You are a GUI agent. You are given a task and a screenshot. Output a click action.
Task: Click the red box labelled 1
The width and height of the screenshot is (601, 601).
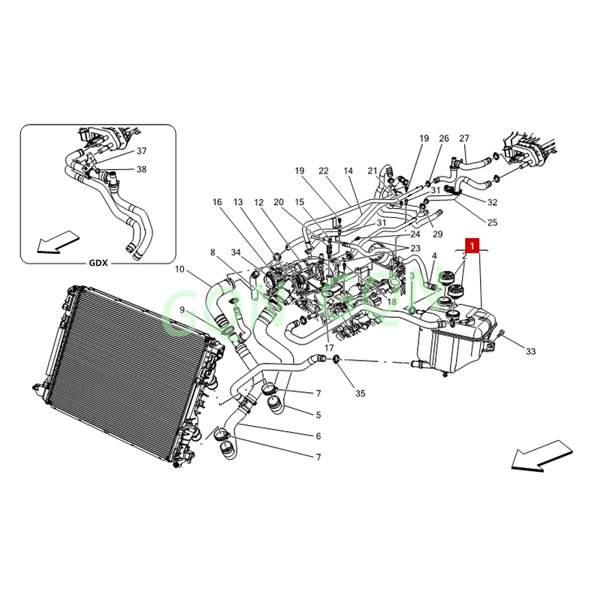pos(471,245)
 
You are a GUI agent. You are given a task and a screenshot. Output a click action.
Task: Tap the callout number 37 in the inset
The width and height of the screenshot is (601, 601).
pos(141,151)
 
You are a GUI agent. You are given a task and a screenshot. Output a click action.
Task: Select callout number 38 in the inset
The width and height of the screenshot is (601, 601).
pos(141,169)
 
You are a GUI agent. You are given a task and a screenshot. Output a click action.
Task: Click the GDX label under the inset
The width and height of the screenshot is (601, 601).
pos(99,263)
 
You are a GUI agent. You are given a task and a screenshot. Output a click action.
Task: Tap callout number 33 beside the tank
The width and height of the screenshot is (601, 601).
pos(530,352)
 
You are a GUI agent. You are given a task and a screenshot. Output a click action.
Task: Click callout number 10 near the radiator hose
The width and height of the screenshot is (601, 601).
pos(180,270)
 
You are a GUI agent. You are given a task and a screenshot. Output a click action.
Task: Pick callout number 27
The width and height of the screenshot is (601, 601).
pos(464,138)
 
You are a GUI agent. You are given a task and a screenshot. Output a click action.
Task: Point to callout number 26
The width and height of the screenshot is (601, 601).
pos(444,138)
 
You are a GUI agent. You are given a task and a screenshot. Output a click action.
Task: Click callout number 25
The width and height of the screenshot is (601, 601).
pos(492,222)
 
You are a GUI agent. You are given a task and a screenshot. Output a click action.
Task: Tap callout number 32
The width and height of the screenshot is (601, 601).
pos(492,202)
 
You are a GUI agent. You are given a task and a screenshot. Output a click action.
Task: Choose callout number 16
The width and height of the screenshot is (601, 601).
pos(217,202)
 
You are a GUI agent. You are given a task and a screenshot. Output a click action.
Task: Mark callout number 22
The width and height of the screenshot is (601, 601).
pos(324,171)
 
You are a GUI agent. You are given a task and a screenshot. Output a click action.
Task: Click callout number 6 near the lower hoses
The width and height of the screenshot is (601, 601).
pos(319,436)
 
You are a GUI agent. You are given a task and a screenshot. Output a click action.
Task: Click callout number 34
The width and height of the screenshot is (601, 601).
pos(236,252)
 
